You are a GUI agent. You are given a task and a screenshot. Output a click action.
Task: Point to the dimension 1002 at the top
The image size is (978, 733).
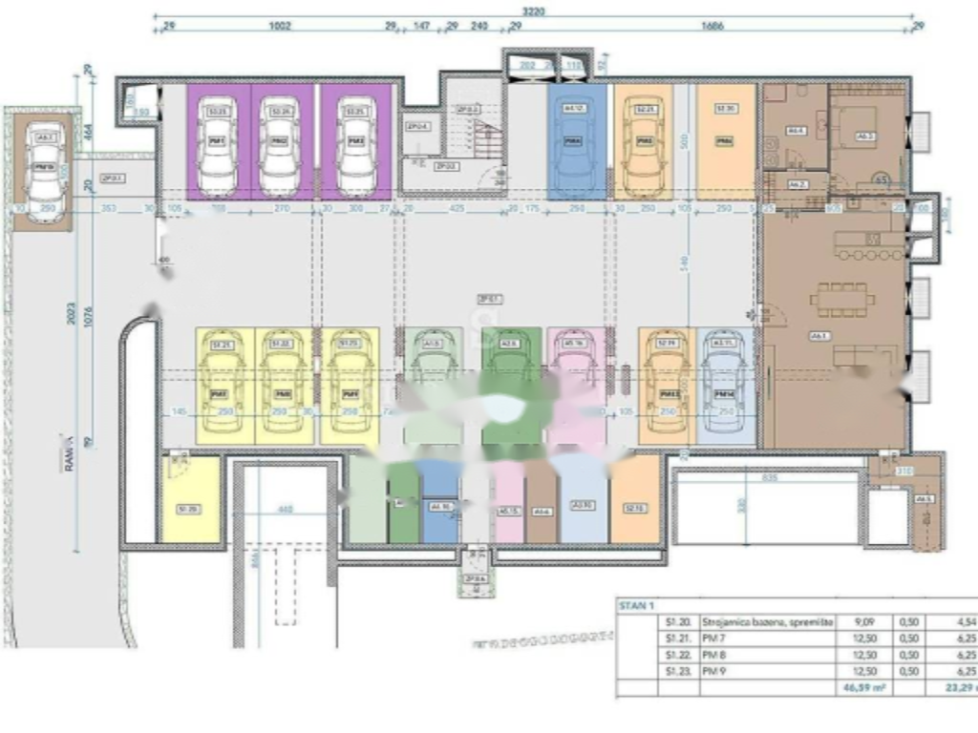tap(279, 28)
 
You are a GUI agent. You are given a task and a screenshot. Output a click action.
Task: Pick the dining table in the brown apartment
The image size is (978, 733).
tap(841, 299)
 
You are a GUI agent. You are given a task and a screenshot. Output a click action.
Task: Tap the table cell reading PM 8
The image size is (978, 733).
tap(712, 656)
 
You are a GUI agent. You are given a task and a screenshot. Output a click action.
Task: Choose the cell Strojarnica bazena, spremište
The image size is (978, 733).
tap(768, 621)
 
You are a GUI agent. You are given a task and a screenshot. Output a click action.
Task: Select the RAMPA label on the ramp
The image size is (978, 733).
tap(70, 456)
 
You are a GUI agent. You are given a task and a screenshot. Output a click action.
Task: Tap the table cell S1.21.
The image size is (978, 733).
tap(674, 639)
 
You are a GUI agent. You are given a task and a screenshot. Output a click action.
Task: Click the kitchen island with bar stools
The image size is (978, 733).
tap(868, 244)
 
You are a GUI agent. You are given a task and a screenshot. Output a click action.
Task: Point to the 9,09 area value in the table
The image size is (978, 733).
tap(863, 621)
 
